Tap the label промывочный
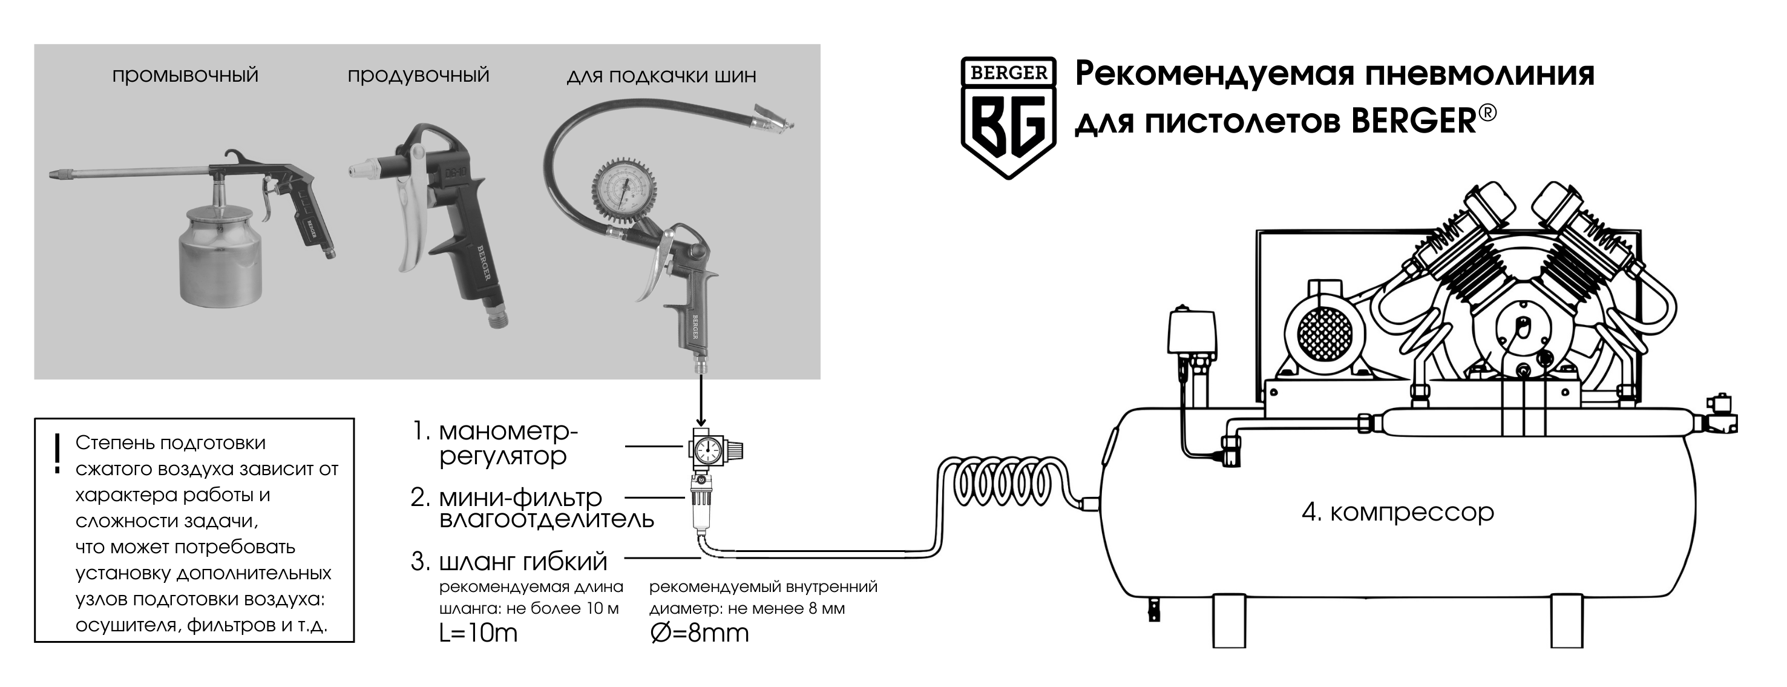[x=185, y=75]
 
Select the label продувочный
[x=418, y=75]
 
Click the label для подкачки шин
[x=661, y=76]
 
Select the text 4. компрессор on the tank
[x=1397, y=512]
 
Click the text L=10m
[x=478, y=633]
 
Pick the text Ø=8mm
[x=700, y=633]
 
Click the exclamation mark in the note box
[x=57, y=454]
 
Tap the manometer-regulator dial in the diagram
[x=707, y=450]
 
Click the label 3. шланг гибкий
[x=508, y=561]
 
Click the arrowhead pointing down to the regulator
[x=701, y=421]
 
